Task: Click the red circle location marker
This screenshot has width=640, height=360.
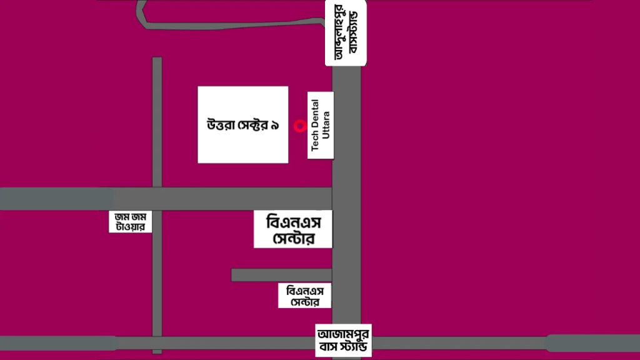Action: pyautogui.click(x=299, y=126)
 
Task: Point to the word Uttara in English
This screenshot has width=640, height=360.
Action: pyautogui.click(x=325, y=125)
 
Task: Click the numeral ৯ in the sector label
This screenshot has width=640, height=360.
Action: pyautogui.click(x=275, y=126)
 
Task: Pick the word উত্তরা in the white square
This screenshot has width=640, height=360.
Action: pyautogui.click(x=221, y=125)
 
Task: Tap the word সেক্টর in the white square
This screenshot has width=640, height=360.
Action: pyautogui.click(x=252, y=125)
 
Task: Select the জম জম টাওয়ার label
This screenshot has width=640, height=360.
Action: pyautogui.click(x=131, y=222)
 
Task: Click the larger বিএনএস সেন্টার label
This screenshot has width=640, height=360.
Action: pyautogui.click(x=292, y=229)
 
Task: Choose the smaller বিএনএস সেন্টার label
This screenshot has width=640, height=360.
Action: pyautogui.click(x=304, y=296)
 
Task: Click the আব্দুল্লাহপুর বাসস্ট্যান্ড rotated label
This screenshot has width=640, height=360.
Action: pyautogui.click(x=346, y=32)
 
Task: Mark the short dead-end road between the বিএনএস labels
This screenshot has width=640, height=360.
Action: pyautogui.click(x=281, y=275)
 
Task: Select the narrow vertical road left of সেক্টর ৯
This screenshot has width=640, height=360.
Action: pyautogui.click(x=157, y=125)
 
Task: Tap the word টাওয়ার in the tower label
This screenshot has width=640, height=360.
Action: pyautogui.click(x=131, y=227)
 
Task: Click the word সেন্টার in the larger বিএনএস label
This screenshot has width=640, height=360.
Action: pyautogui.click(x=292, y=238)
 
